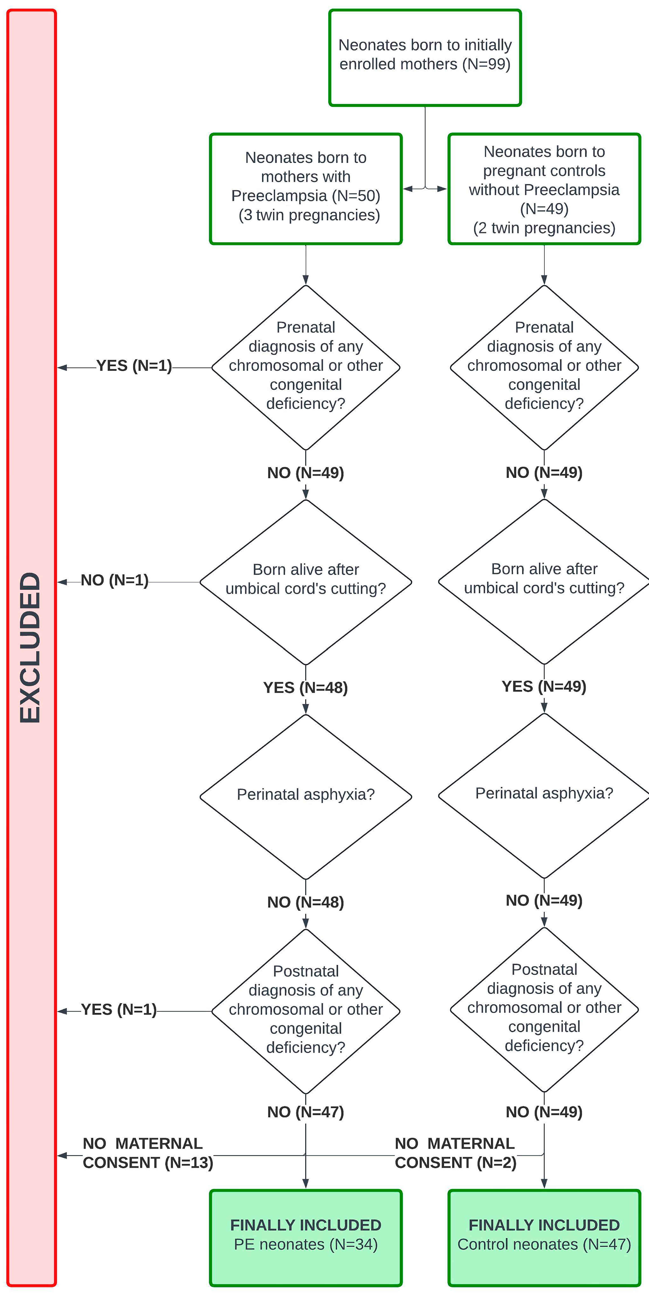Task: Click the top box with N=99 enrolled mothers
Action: coord(425,57)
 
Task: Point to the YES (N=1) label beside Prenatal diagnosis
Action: coord(134,365)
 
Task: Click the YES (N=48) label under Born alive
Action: coord(306,688)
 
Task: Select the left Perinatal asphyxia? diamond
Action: coord(306,795)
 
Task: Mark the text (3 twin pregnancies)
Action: coord(309,215)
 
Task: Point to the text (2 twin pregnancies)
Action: coord(544,228)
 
